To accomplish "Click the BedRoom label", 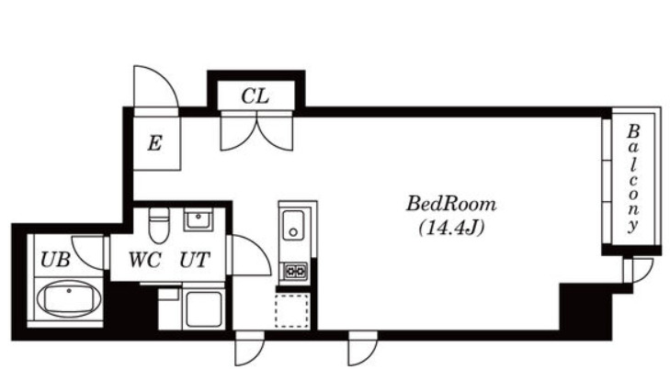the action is coord(451,204).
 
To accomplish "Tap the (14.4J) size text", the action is coord(451,228).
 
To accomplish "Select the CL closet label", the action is coord(256,96).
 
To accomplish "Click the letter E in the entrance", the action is coord(154,143).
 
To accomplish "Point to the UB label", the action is coord(55,259).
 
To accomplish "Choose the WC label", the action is coord(145,260).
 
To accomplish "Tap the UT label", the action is coord(195,260).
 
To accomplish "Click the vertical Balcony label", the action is coord(633,178).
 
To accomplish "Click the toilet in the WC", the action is coord(159,225).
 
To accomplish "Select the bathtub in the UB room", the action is coord(69,299).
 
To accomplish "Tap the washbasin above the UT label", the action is coord(199,219).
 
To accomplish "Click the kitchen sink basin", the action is coord(293,225).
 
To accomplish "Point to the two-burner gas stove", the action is coord(296,272).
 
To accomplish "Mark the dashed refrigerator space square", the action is coord(292,310).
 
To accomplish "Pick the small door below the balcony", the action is coord(639,271).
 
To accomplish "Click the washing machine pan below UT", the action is coord(203,308).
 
